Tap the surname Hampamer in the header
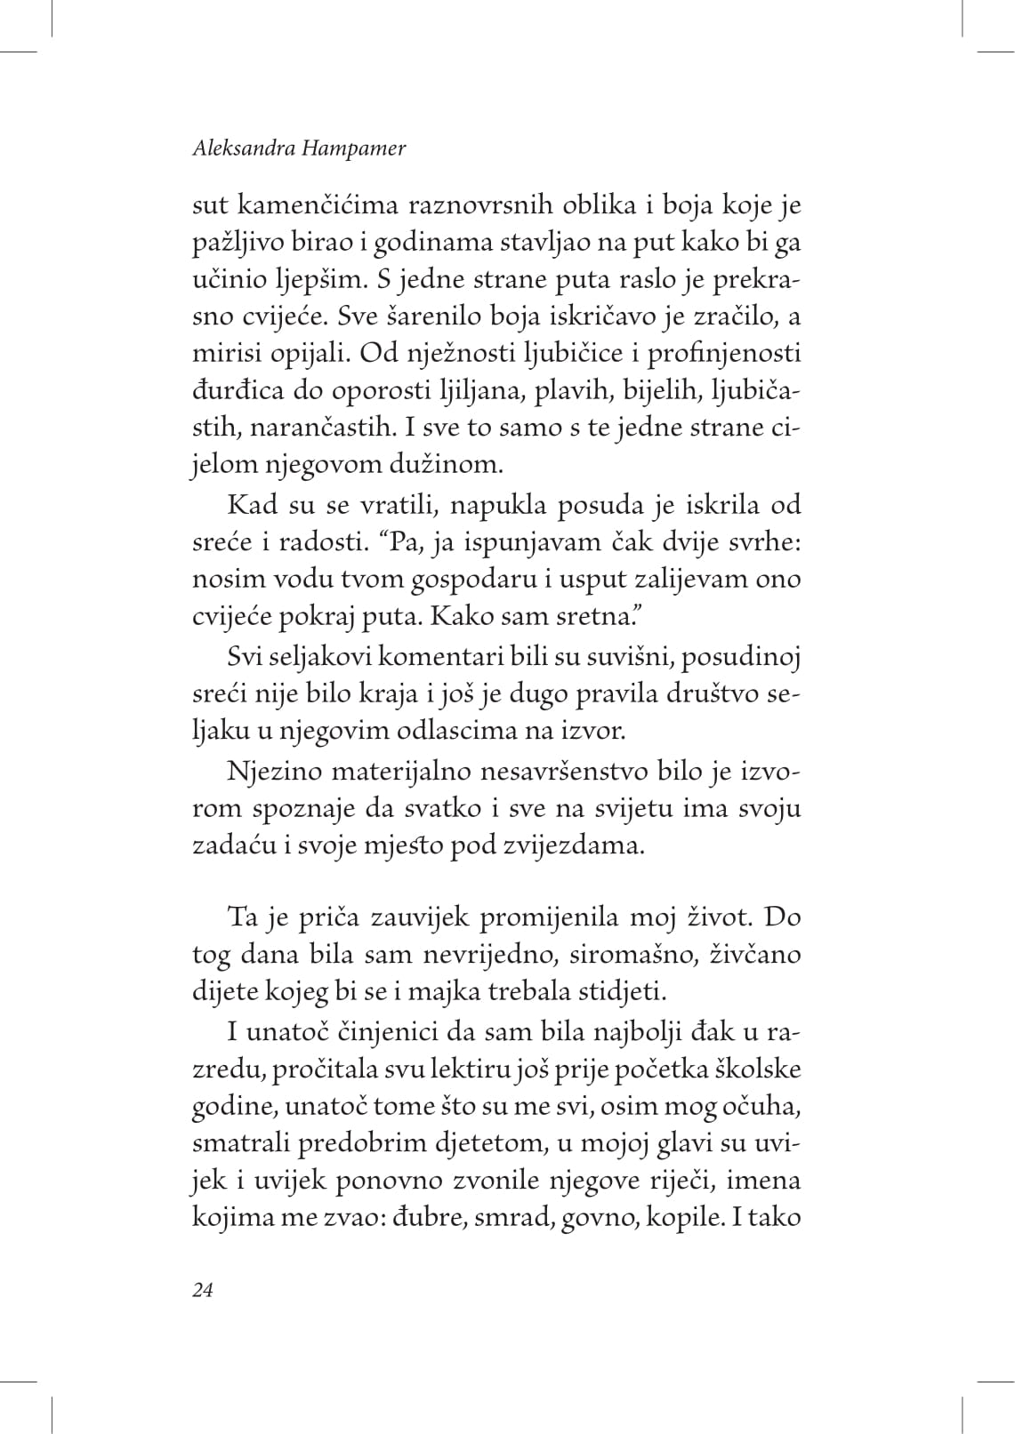(358, 149)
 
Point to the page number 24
(203, 1290)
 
